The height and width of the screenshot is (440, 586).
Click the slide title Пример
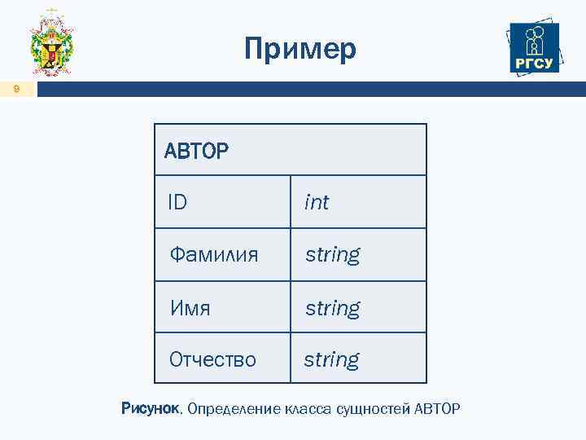click(x=300, y=50)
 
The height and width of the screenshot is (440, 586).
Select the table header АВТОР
click(x=196, y=151)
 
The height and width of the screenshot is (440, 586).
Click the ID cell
click(x=177, y=202)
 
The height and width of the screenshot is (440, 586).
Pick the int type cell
click(x=316, y=202)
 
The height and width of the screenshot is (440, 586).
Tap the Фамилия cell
click(x=213, y=255)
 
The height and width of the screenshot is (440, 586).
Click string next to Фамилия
click(x=332, y=255)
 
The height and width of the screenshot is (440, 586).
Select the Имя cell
click(x=190, y=308)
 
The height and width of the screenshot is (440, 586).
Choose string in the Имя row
click(x=332, y=308)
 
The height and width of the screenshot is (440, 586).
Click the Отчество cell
click(x=212, y=359)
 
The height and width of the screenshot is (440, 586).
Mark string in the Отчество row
click(x=331, y=359)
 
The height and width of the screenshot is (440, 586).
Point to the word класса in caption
click(x=307, y=408)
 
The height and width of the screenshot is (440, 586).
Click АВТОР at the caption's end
click(x=437, y=408)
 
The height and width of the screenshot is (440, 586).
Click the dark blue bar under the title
click(x=309, y=90)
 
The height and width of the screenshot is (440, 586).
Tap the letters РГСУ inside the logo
click(x=534, y=64)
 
